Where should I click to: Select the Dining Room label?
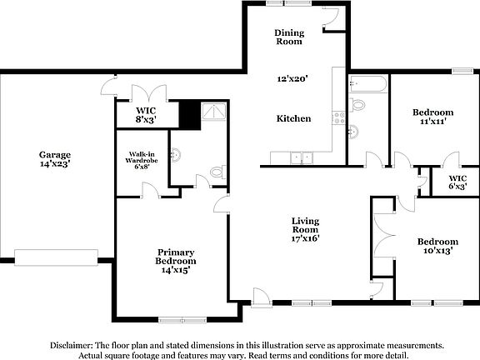289,37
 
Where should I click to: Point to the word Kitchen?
293,118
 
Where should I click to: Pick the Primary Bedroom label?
176,257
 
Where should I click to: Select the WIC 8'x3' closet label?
147,115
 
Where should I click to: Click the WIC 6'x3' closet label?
457,182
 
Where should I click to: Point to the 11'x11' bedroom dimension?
433,122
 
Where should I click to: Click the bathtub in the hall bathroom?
367,83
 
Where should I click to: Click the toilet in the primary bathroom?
217,173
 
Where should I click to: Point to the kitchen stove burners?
339,117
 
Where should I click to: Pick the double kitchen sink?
298,156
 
